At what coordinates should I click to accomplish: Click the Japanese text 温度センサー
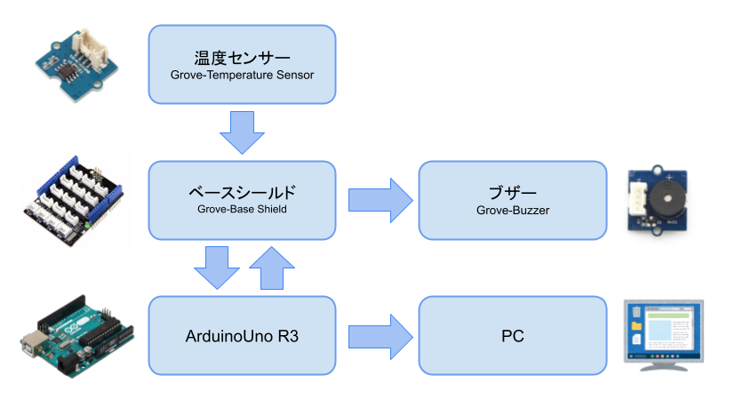coord(242,58)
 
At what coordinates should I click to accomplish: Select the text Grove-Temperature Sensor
coord(242,76)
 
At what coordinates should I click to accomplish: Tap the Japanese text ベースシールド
coord(242,193)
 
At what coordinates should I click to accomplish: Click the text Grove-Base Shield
coord(242,210)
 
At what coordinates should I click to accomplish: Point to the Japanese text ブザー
coord(513,193)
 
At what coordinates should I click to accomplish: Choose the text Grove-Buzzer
coord(513,211)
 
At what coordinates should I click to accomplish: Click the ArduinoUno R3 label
coord(242,336)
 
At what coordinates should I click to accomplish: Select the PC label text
coord(513,336)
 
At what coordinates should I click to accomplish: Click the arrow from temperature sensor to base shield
coord(242,132)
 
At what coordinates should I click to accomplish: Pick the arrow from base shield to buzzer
coord(380,201)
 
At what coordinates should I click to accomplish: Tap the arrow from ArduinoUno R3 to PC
coord(380,337)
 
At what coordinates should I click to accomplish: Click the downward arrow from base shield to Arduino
coord(217,268)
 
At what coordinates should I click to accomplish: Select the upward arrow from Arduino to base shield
coord(272,268)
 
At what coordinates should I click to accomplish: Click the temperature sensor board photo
coord(77,65)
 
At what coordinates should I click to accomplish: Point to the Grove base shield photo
coord(73,202)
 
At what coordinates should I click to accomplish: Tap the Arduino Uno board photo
coord(76,337)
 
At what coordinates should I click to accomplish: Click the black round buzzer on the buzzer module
coord(666,198)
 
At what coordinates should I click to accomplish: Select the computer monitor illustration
coord(664,335)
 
